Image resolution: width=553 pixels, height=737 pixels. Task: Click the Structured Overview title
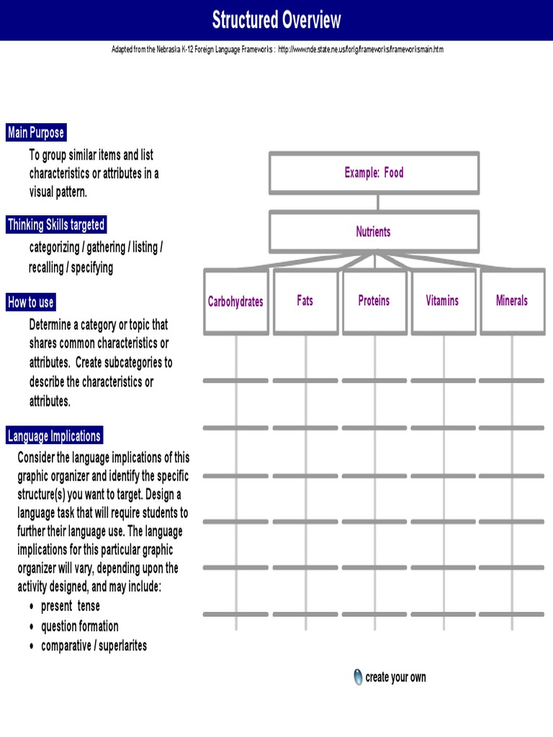click(276, 20)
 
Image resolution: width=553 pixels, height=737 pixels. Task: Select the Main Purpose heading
click(36, 132)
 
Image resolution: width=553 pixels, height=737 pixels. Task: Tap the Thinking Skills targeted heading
click(56, 225)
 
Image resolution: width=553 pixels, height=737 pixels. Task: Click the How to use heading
click(31, 302)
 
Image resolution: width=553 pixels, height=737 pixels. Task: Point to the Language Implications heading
click(54, 435)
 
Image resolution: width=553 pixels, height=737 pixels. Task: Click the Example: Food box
click(374, 173)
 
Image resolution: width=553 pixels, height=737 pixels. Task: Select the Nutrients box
click(373, 232)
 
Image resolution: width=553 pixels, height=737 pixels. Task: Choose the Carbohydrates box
click(235, 302)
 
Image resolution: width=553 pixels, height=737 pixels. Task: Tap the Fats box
click(305, 301)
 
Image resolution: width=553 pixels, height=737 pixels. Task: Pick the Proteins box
click(374, 301)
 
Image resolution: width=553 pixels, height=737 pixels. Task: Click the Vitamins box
click(442, 301)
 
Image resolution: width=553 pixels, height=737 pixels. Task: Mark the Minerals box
click(512, 301)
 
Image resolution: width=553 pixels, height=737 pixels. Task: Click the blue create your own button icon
click(359, 677)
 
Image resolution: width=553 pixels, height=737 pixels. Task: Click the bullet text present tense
click(71, 606)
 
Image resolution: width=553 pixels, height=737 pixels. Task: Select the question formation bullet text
click(80, 626)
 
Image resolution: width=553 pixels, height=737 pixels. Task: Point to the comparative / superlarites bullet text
click(94, 646)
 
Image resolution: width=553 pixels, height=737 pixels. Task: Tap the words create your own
click(395, 677)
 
